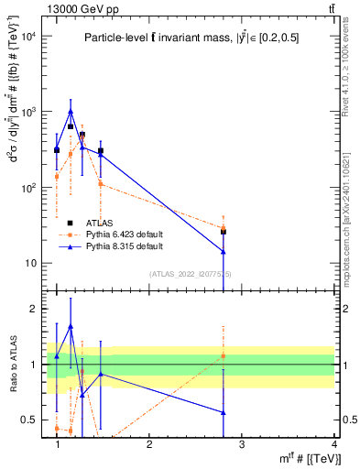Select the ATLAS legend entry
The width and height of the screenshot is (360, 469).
pos(101,223)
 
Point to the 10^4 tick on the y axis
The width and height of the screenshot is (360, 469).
pos(28,37)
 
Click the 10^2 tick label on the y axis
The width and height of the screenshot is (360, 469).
pos(28,188)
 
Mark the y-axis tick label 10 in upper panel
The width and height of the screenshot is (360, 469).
pos(30,264)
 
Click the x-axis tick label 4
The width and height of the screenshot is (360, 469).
pos(335,443)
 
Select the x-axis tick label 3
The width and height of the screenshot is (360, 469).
pos(242,443)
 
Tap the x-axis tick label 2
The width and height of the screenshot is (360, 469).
pos(149,443)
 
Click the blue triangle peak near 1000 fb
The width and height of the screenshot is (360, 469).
pos(71,112)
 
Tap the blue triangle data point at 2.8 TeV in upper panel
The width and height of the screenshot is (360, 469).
pos(224,251)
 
